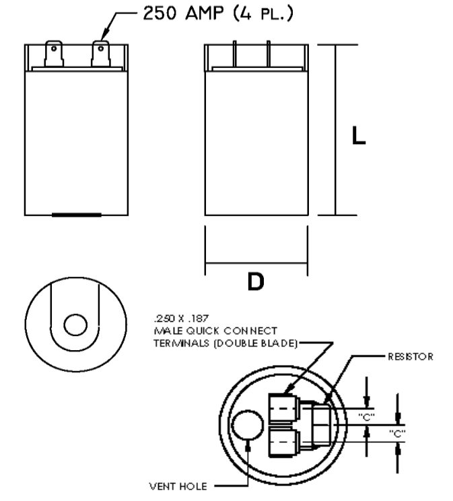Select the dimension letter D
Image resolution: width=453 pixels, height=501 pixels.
[255, 281]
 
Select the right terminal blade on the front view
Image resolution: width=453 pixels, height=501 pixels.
[101, 54]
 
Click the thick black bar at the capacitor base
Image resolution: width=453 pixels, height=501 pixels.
[77, 215]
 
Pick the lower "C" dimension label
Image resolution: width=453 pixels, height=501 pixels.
[397, 434]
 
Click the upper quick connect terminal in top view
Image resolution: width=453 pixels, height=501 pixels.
[283, 407]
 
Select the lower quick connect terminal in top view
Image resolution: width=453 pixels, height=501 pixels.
[283, 441]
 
